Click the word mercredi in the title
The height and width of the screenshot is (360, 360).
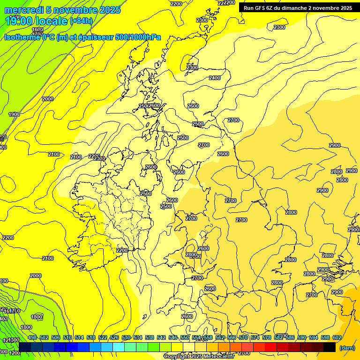[22, 10]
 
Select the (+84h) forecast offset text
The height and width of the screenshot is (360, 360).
[81, 21]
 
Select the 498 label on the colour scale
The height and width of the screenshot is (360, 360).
[32, 337]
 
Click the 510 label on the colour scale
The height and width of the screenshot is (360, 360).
[67, 337]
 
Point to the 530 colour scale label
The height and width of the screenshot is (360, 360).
[126, 337]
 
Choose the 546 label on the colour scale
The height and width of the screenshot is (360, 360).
[173, 337]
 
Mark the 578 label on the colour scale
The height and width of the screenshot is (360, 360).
[267, 337]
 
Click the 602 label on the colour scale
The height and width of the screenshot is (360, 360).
[337, 337]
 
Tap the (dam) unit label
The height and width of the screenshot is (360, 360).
[347, 348]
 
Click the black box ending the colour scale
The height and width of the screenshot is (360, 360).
[330, 347]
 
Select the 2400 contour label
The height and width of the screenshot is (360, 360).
[215, 78]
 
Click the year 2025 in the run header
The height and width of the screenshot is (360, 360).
[346, 8]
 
